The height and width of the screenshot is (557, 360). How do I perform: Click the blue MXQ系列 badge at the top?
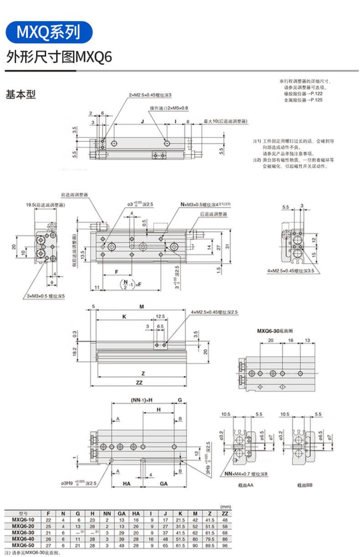click(48, 32)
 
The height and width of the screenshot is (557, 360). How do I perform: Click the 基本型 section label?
click(21, 95)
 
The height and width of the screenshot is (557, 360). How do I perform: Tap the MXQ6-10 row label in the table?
click(22, 520)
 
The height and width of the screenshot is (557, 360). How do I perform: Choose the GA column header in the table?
click(122, 513)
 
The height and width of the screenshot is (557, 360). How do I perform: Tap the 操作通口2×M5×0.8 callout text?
click(169, 108)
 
